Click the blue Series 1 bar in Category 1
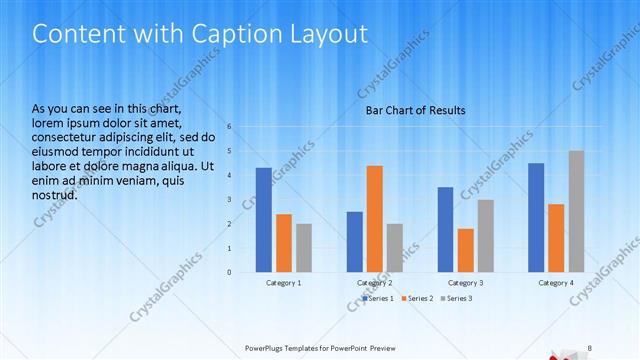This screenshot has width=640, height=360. coord(264,220)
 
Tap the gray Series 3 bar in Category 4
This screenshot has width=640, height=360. coord(577,211)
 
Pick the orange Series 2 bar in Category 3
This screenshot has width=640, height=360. coord(465,250)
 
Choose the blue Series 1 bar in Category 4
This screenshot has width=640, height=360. coord(536,217)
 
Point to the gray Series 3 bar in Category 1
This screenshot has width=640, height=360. coord(304,248)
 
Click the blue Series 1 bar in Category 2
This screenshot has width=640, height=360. coord(355,242)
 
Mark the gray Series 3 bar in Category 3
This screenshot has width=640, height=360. coord(486,236)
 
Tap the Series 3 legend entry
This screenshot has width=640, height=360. coord(459,298)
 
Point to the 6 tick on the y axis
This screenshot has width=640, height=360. coord(229,127)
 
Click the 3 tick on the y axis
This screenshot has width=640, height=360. coord(229,200)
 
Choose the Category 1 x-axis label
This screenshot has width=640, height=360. coord(284,283)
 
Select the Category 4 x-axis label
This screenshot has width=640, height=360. coord(556,283)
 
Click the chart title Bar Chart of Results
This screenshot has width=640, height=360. coord(415,110)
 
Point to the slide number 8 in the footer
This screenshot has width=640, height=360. coord(589,348)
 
